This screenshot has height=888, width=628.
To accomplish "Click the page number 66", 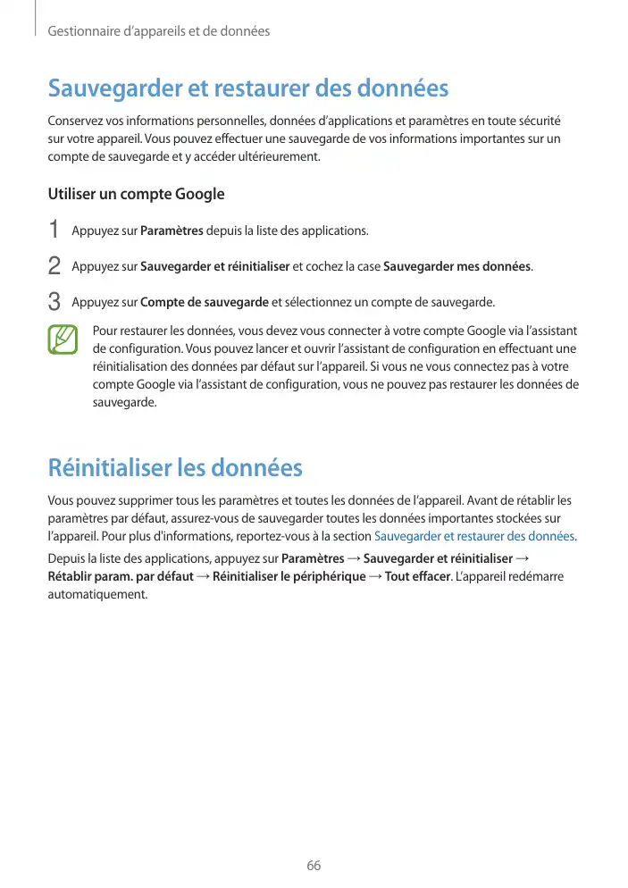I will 314,866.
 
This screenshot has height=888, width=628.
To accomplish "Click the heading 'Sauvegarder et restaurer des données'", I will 247,89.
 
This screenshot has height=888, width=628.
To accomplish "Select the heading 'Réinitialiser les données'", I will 174,467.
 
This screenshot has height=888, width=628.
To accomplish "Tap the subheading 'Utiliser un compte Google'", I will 136,194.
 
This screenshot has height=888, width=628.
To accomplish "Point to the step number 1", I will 54,230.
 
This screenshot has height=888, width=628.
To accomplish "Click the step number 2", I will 54,266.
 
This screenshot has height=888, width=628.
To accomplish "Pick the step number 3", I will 54,301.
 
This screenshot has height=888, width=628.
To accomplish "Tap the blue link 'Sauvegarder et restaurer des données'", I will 474,536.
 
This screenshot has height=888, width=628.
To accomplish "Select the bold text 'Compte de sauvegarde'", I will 205,302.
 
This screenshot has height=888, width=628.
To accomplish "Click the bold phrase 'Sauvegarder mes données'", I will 456,266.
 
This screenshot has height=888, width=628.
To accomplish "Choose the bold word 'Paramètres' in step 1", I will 172,231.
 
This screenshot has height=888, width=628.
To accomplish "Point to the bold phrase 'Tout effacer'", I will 417,576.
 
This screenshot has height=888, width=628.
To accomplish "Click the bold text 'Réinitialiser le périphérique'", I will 289,576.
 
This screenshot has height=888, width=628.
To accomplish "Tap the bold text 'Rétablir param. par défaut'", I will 120,576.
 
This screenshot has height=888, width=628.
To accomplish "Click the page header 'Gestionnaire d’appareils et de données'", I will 158,32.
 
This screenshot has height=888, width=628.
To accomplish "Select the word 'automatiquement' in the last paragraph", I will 96,594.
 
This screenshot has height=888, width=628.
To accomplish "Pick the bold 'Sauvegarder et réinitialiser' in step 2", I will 214,266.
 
